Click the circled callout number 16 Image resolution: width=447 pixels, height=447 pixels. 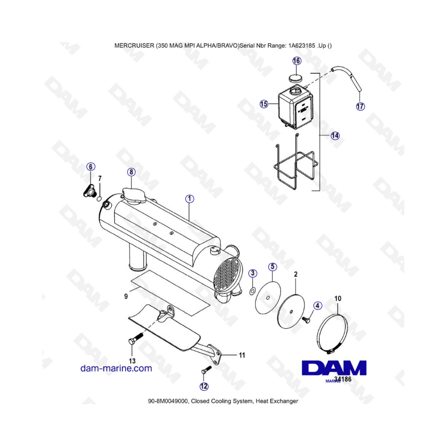(297, 61)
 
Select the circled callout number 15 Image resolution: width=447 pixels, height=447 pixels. (264, 104)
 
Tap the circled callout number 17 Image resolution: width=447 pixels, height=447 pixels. (361, 106)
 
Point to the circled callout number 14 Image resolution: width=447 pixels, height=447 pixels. (335, 136)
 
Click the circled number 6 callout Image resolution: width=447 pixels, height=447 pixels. (91, 167)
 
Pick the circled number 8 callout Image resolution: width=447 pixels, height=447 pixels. (131, 172)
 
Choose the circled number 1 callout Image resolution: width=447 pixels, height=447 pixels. (190, 199)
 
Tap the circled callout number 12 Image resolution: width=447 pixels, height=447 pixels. (204, 386)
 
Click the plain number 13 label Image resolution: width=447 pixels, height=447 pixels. (132, 361)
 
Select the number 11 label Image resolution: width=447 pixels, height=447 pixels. (242, 355)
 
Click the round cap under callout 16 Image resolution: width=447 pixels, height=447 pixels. (296, 78)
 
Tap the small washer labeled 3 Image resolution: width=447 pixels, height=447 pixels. (252, 292)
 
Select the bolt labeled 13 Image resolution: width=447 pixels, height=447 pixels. (135, 339)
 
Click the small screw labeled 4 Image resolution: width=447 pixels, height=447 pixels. (306, 320)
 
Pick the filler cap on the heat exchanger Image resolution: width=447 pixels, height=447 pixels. (134, 195)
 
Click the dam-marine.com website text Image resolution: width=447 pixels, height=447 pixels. (116, 368)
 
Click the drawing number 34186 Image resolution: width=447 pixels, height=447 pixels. (343, 379)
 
